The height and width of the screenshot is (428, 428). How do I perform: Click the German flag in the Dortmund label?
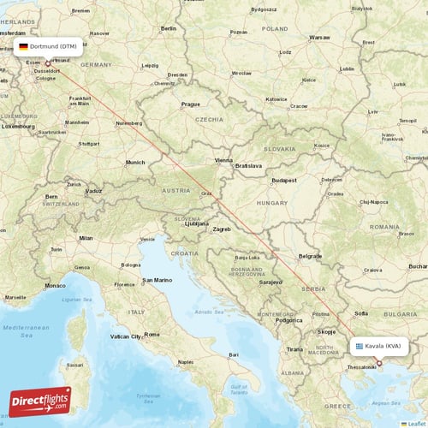pos(23,46)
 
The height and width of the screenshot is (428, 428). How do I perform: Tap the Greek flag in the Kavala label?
pos(359,346)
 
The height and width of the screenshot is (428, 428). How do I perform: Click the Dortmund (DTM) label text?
pos(53,46)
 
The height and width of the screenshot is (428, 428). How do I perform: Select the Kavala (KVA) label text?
pos(382,346)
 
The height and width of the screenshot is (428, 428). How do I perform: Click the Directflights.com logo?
pos(40,401)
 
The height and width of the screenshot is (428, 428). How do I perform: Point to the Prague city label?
pos(190,104)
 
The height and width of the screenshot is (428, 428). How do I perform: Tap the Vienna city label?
pos(224,160)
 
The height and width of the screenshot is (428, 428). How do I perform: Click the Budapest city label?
pos(284,181)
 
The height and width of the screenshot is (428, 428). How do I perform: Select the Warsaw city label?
pos(319,38)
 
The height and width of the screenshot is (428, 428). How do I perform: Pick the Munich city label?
pos(135,162)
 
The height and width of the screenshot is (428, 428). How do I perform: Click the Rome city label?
pos(152,334)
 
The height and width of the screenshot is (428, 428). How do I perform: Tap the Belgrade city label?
pos(310,256)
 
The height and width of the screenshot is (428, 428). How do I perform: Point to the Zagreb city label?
pos(222,229)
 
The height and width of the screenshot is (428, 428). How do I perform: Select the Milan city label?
pos(86,238)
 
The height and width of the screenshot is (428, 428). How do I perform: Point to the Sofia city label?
pos(361,313)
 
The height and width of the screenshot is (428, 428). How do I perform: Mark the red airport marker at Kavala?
pos(379,362)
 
